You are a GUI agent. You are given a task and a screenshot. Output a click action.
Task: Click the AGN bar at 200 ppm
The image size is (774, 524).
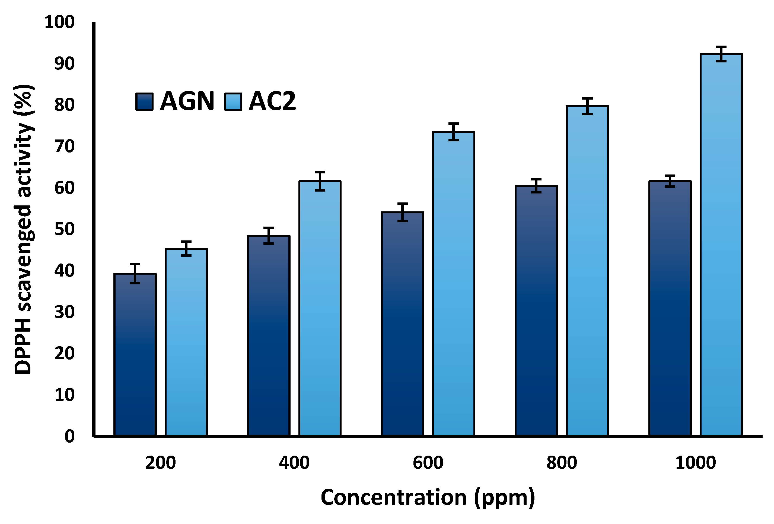pyautogui.click(x=135, y=355)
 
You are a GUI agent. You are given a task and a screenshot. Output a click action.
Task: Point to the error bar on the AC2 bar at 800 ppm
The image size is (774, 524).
pyautogui.click(x=588, y=106)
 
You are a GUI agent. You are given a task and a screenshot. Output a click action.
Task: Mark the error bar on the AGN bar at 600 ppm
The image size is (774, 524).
pyautogui.click(x=403, y=212)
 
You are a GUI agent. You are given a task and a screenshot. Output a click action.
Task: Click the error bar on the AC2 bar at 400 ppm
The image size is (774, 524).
pyautogui.click(x=320, y=181)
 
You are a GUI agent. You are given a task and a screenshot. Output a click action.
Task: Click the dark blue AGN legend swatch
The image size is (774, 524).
pyautogui.click(x=145, y=101)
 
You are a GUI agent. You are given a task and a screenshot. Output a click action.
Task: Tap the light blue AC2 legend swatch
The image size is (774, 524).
pyautogui.click(x=233, y=101)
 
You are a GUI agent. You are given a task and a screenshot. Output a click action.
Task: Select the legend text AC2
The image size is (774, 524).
pyautogui.click(x=272, y=101)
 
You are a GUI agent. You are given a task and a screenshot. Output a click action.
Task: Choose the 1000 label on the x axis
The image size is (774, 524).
pyautogui.click(x=695, y=463)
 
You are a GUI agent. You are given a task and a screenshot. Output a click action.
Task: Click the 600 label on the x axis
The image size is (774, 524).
pyautogui.click(x=428, y=463)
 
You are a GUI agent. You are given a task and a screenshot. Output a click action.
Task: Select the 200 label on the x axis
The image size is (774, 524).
pyautogui.click(x=161, y=463)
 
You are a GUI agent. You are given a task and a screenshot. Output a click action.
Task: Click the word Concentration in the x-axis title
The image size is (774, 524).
pyautogui.click(x=393, y=497)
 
